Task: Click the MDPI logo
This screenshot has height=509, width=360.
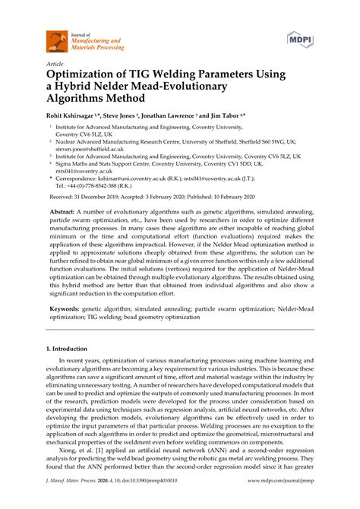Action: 301,38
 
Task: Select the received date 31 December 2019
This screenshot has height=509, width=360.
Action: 102,195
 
